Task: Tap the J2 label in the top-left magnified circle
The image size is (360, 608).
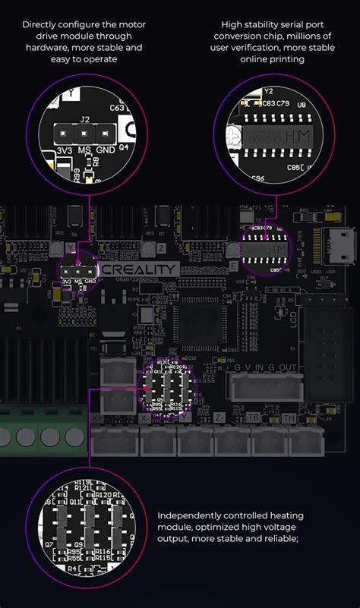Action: [85, 118]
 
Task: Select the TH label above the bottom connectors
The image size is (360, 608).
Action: [288, 417]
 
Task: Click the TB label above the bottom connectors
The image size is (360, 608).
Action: [254, 417]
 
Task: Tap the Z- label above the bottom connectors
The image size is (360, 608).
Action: [219, 417]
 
